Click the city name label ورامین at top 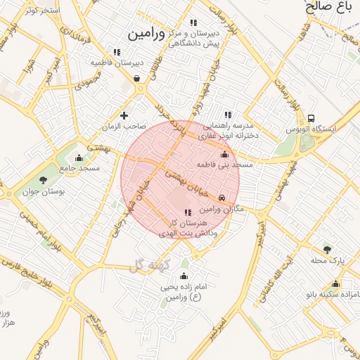[146, 33]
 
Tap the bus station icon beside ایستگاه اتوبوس [311, 118]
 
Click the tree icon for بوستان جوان [44, 180]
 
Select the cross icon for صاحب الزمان [124, 115]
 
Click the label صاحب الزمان [124, 127]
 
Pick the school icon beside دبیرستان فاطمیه [117, 52]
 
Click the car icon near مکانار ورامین [223, 198]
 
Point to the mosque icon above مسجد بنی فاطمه [224, 154]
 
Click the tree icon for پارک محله [326, 249]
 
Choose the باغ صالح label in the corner [328, 8]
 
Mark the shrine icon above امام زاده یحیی [184, 276]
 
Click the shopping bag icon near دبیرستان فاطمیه [136, 78]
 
